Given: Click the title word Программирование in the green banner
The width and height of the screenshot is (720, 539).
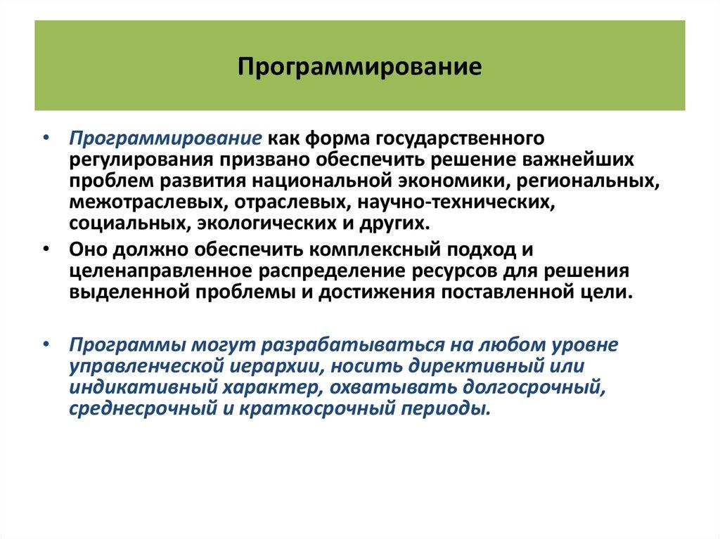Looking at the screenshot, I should pyautogui.click(x=359, y=67).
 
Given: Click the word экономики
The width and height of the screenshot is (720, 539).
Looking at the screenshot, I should pyautogui.click(x=450, y=181).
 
